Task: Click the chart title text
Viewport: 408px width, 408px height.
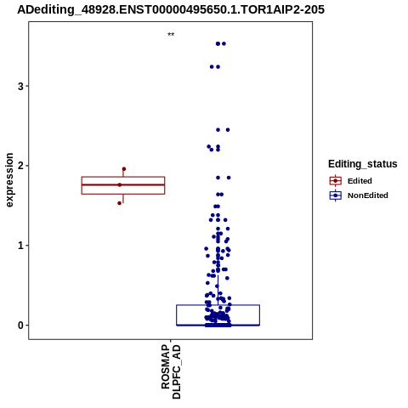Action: (171, 10)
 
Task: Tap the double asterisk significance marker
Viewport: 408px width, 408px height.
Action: (171, 35)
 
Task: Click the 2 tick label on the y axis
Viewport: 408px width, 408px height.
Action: (20, 166)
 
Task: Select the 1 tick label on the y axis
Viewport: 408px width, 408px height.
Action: (20, 246)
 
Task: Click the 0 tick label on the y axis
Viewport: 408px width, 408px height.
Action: (20, 326)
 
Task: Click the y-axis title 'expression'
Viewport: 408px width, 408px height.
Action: (9, 180)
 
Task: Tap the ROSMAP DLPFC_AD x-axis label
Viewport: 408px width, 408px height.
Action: (171, 371)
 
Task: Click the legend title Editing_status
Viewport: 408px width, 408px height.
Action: (363, 164)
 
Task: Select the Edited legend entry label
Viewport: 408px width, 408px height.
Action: (360, 181)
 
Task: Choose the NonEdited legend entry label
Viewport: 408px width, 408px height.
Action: (368, 195)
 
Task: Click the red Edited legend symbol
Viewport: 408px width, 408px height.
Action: (336, 181)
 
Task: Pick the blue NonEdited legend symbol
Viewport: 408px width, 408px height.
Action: (336, 195)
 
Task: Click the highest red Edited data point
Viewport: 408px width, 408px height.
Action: (124, 169)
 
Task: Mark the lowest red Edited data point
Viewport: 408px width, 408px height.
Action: (120, 203)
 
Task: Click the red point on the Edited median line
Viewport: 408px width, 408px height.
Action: (120, 185)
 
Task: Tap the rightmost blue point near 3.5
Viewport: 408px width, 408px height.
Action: (224, 43)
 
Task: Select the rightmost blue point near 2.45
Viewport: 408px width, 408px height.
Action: (228, 130)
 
